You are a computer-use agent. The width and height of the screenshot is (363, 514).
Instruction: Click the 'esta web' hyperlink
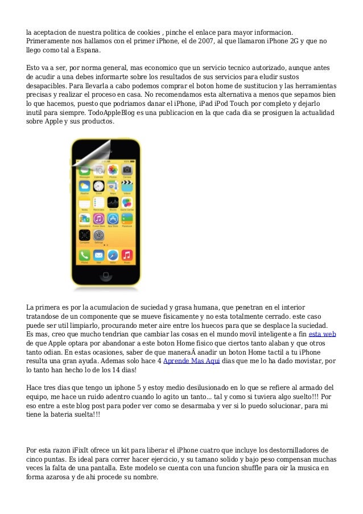[x=322, y=334]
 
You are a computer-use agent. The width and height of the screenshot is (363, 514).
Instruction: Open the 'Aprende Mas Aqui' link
[x=183, y=361]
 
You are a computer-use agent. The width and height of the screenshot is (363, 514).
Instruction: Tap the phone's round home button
[x=106, y=276]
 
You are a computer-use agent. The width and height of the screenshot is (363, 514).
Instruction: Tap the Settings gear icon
[x=98, y=236]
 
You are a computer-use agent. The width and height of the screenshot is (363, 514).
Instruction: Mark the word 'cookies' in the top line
[x=145, y=32]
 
